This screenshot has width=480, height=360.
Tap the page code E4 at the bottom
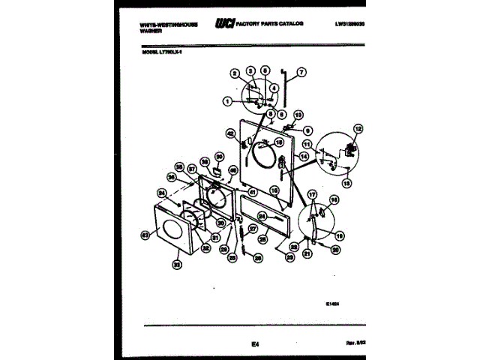coord(255,343)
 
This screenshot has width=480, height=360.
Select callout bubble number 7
coord(302,73)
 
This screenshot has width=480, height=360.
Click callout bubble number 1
coord(226,101)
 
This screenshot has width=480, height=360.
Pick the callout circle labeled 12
coord(358,129)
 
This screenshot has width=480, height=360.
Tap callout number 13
coord(346,182)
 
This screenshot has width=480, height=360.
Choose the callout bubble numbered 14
coord(304,156)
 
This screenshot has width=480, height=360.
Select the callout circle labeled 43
coord(145,235)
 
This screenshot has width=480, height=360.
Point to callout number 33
coord(177,263)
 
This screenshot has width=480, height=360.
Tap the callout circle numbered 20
coord(335,250)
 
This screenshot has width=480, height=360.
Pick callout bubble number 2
coord(234,73)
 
